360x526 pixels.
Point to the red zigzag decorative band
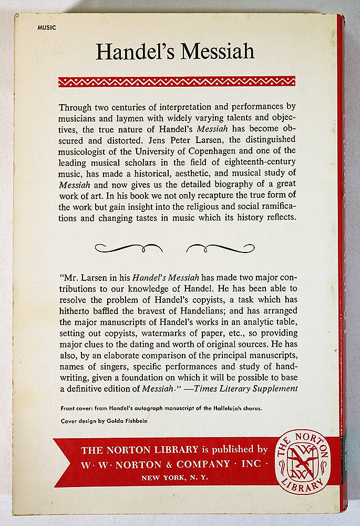tap(177, 81)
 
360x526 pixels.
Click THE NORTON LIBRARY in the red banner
tap(140, 450)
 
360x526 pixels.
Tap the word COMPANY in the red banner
tap(200, 464)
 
